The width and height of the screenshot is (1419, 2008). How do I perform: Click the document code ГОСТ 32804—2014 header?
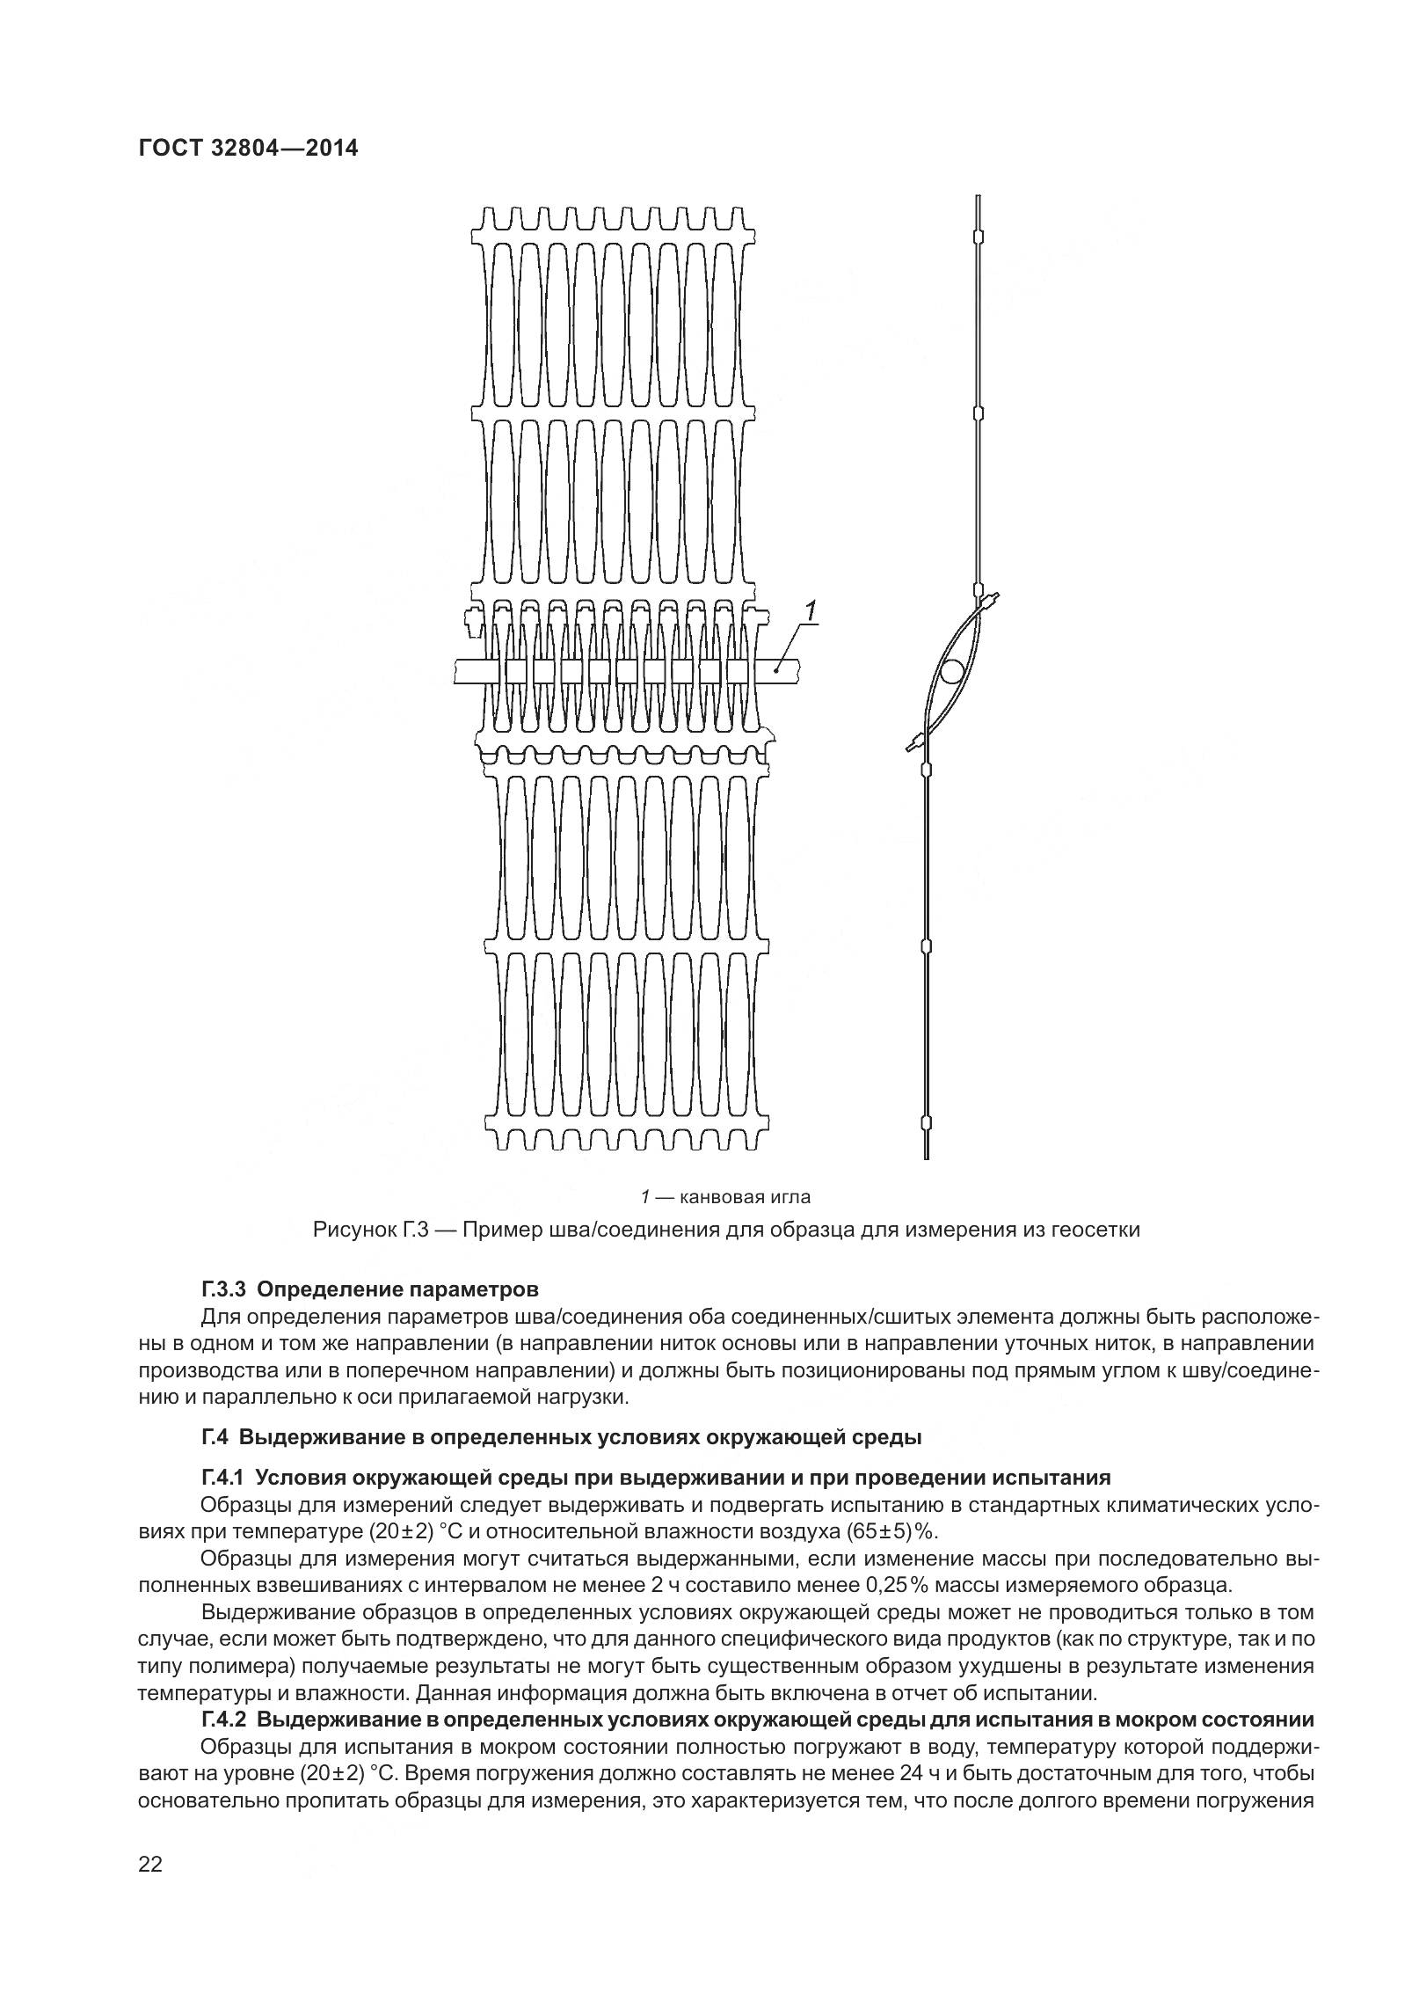pyautogui.click(x=248, y=149)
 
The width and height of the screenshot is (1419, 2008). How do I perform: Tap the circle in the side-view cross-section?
pyautogui.click(x=951, y=674)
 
